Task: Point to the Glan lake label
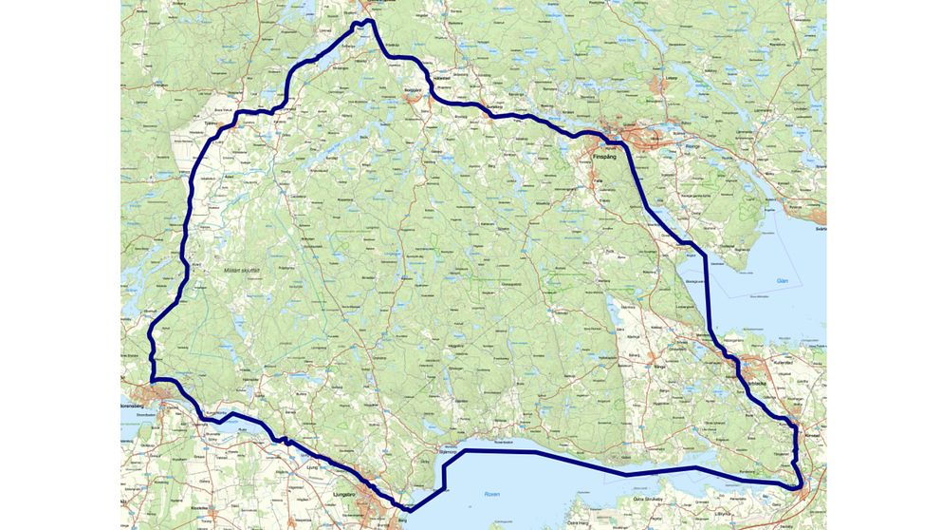[783, 281]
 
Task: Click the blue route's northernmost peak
[365, 21]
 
